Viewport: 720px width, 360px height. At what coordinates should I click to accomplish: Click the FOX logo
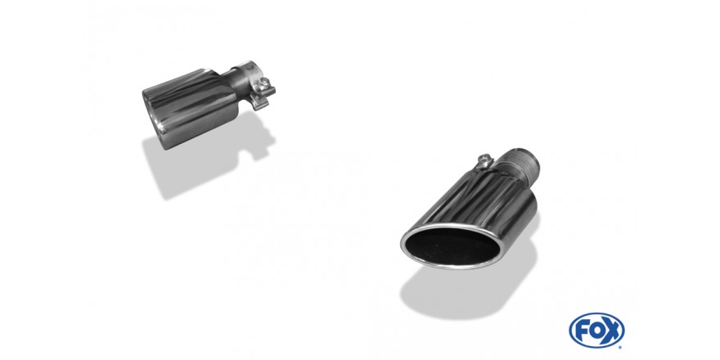point(596,331)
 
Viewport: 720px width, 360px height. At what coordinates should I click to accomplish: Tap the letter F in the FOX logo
point(582,330)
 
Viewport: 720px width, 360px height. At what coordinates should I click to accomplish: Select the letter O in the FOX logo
point(596,331)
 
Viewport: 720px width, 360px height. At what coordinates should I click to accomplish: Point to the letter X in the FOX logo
point(612,331)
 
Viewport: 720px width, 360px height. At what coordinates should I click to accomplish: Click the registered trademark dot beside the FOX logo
point(621,347)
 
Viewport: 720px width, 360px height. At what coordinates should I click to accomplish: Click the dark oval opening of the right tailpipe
point(451,246)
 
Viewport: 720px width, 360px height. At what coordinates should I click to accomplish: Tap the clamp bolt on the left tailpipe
point(265,83)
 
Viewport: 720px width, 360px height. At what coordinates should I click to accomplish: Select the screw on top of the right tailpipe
point(484,160)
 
